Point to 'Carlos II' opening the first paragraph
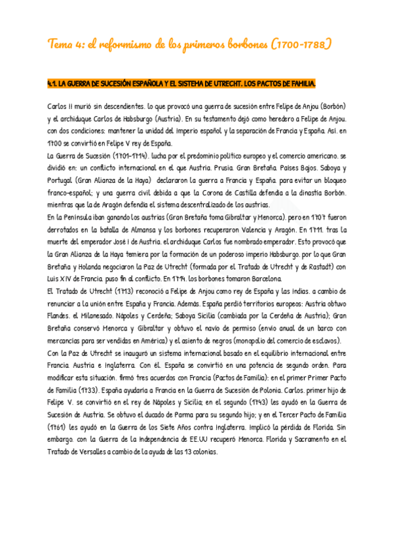click(61, 106)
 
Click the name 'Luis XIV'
click(63, 279)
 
